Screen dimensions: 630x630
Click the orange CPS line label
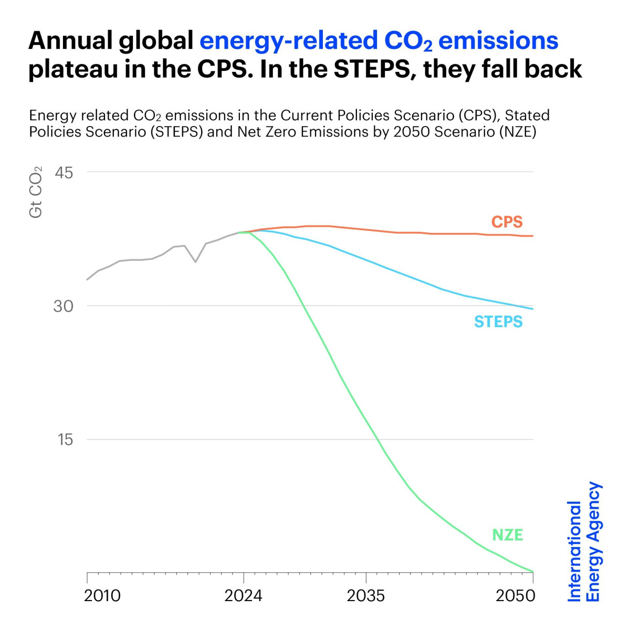point(507,222)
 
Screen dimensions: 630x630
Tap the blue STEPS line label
point(498,321)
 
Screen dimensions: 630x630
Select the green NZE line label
point(507,535)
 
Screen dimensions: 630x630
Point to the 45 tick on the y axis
point(64,172)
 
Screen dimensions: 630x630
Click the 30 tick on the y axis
point(64,306)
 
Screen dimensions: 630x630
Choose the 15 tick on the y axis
point(65,439)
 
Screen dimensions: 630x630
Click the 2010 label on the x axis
point(102,595)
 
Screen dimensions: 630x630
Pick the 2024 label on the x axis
point(243,595)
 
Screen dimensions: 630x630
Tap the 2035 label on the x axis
point(366,595)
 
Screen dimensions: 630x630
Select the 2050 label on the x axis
point(516,595)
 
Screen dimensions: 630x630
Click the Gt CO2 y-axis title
point(36,192)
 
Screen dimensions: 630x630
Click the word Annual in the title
point(69,41)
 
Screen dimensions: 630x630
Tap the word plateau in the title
point(72,69)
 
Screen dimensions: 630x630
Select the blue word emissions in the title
point(498,41)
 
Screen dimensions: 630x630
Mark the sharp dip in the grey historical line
point(195,261)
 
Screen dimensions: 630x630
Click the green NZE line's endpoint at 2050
point(533,572)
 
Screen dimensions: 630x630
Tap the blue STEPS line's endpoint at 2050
point(533,309)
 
